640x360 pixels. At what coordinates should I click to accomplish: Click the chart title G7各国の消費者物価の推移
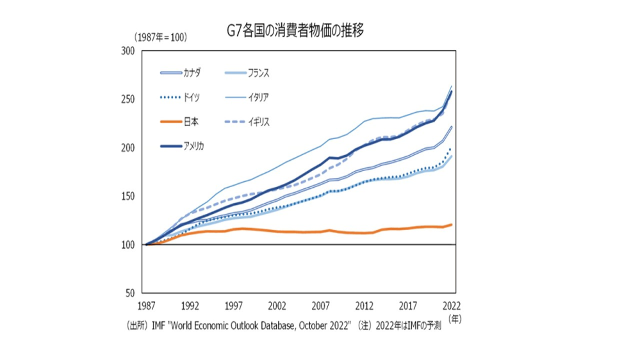point(295,30)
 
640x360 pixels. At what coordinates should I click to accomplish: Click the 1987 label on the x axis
point(146,305)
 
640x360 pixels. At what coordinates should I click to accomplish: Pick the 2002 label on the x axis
point(277,305)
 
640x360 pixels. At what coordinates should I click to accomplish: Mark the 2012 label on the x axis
point(365,305)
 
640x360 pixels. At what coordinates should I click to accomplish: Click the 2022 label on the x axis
point(452,305)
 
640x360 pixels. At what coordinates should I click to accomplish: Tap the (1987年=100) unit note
point(160,38)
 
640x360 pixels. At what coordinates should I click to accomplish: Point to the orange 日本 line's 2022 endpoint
point(452,224)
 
